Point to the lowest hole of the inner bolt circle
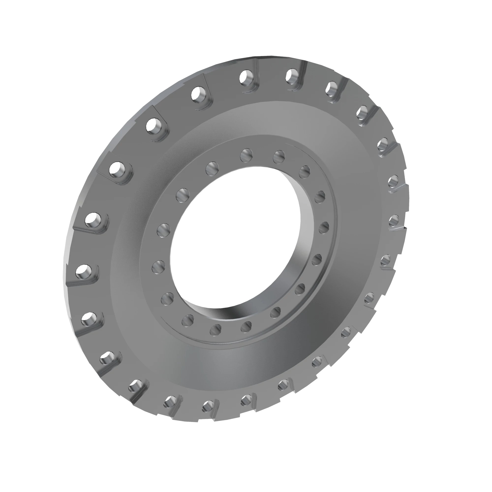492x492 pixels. [215, 330]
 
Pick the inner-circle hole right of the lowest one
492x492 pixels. [246, 326]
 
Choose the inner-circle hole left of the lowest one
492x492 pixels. [188, 320]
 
